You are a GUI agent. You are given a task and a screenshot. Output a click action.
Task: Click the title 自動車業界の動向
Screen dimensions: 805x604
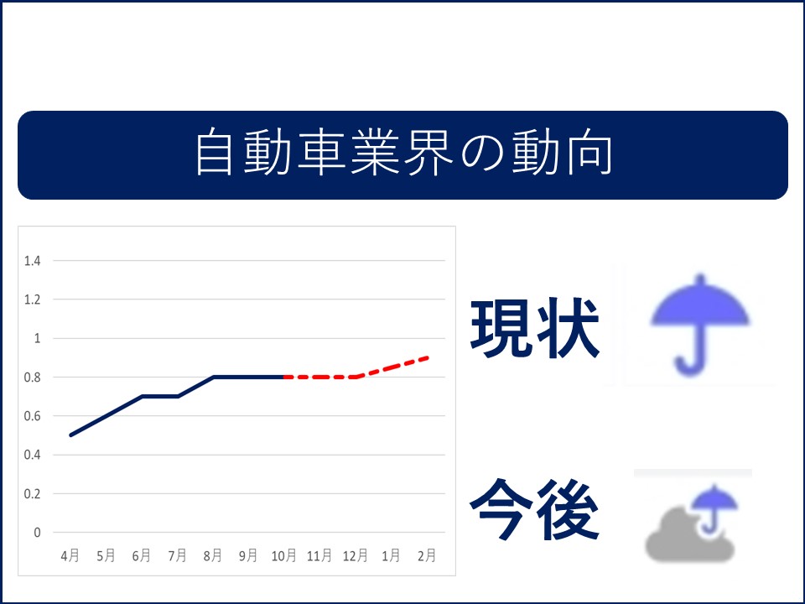pyautogui.click(x=403, y=152)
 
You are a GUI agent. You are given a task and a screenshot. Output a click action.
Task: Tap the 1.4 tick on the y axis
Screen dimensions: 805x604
pyautogui.click(x=33, y=261)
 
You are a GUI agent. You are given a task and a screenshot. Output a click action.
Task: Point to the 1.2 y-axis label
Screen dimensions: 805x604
pyautogui.click(x=33, y=299)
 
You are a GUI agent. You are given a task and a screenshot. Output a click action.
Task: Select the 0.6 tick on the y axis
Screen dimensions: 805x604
pyautogui.click(x=33, y=416)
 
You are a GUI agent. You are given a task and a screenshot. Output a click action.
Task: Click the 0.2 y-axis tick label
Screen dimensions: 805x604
pyautogui.click(x=33, y=493)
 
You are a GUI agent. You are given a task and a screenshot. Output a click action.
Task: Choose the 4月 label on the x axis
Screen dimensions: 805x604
pyautogui.click(x=70, y=555)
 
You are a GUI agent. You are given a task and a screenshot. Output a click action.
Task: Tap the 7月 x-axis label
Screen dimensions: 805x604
pyautogui.click(x=177, y=555)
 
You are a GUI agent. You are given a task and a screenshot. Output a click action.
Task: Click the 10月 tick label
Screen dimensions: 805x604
pyautogui.click(x=284, y=555)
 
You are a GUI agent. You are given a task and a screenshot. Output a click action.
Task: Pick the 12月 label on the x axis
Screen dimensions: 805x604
pyautogui.click(x=356, y=555)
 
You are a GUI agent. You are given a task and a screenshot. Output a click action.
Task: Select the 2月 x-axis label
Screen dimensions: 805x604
pyautogui.click(x=427, y=555)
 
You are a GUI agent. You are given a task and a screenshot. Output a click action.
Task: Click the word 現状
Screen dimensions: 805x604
pyautogui.click(x=535, y=328)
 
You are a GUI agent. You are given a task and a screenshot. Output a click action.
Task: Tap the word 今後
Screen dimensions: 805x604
pyautogui.click(x=534, y=509)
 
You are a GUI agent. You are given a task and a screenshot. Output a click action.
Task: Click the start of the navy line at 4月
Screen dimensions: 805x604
pyautogui.click(x=70, y=435)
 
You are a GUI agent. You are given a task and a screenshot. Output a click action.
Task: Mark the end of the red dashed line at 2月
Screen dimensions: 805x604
pyautogui.click(x=428, y=358)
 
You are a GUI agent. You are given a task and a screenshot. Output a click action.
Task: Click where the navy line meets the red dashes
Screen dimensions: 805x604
pyautogui.click(x=284, y=377)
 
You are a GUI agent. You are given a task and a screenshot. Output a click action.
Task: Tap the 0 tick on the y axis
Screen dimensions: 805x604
pyautogui.click(x=37, y=533)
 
